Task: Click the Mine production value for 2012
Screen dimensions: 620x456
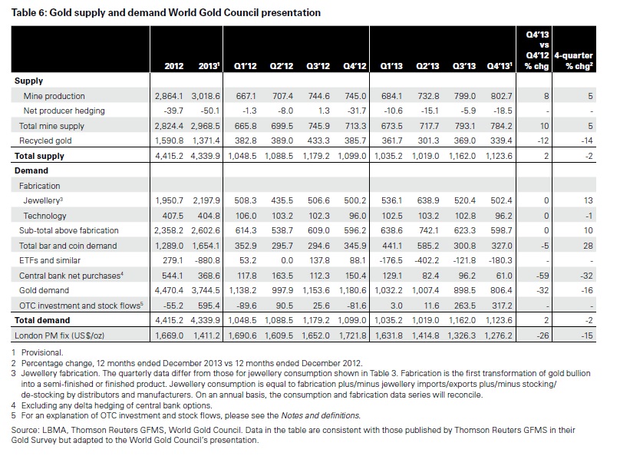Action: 169,96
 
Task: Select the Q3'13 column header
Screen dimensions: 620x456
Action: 464,66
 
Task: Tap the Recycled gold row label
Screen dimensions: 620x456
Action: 45,140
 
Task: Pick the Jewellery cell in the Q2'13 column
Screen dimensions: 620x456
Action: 428,200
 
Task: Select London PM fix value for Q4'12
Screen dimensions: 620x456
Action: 353,335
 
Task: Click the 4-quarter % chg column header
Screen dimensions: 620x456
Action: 573,61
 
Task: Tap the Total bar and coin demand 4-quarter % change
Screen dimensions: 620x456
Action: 588,246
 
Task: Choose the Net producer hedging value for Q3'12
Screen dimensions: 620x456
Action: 324,111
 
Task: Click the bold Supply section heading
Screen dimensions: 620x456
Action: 28,81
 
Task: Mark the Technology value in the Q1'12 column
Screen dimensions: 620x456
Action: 245,216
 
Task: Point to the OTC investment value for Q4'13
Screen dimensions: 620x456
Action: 501,306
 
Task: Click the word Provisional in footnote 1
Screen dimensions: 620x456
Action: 42,353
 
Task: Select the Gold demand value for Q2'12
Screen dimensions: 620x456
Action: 282,291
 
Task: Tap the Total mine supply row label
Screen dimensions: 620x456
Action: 52,126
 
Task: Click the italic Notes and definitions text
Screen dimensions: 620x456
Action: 321,415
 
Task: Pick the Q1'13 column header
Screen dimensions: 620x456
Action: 391,66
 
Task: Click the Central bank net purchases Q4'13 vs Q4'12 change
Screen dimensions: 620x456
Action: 542,276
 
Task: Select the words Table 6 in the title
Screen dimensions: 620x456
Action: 29,13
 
